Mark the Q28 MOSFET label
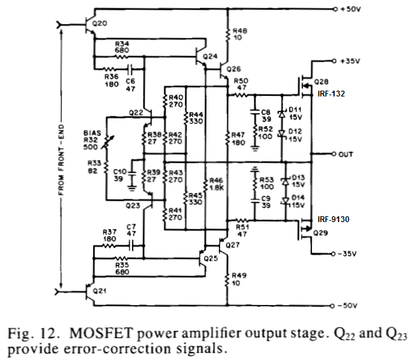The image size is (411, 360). pyautogui.click(x=322, y=82)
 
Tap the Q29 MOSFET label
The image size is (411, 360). pyautogui.click(x=322, y=231)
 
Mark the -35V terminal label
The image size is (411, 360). pyautogui.click(x=355, y=253)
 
